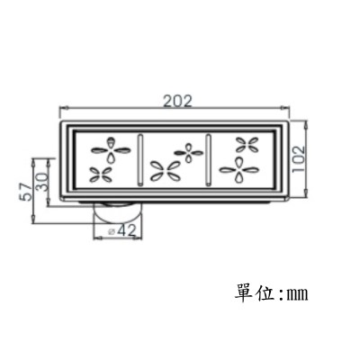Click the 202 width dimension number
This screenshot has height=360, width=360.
coord(177,102)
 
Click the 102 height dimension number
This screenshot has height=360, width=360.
coord(298,159)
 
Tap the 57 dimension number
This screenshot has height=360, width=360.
coord(26,192)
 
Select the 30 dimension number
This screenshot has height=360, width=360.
coord(41,182)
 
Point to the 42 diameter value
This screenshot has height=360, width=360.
coord(127,230)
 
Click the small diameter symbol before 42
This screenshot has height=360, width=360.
coord(112,231)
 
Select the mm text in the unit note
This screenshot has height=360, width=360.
coord(297,294)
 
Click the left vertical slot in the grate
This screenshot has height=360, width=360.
coord(140,160)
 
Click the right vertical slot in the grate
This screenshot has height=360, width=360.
coord(208,160)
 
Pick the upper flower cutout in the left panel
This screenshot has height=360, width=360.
coord(111,150)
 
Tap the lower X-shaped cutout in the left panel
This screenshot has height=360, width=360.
coord(102,175)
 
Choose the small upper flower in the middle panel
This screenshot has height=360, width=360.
coord(188,153)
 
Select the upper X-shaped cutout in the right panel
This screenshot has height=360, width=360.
coord(247,145)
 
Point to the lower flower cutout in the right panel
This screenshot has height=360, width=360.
coord(238,170)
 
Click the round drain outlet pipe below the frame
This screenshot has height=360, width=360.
coord(118,212)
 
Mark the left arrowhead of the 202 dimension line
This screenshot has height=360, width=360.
coord(63,107)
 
